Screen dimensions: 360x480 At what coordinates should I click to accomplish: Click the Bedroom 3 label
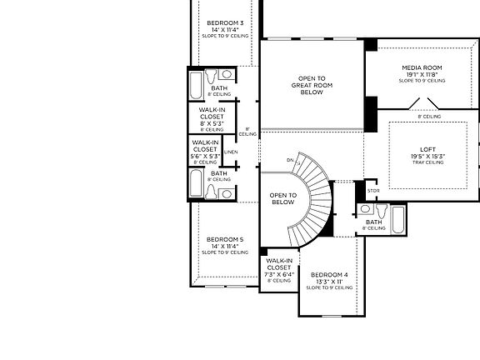[x=224, y=23]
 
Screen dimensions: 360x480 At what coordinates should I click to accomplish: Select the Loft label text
[x=426, y=150]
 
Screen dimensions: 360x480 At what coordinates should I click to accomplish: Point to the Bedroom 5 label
[x=224, y=239]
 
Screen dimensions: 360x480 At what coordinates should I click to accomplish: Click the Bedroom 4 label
[x=328, y=275]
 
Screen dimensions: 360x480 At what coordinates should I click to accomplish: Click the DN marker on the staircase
[x=291, y=159]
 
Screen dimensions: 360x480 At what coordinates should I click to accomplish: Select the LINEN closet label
[x=231, y=152]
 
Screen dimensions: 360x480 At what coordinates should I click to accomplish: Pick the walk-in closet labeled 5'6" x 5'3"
[x=205, y=149]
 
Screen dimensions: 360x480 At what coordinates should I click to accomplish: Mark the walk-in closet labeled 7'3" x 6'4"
[x=279, y=267]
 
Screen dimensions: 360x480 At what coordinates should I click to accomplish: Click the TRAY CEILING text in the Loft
[x=426, y=163]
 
